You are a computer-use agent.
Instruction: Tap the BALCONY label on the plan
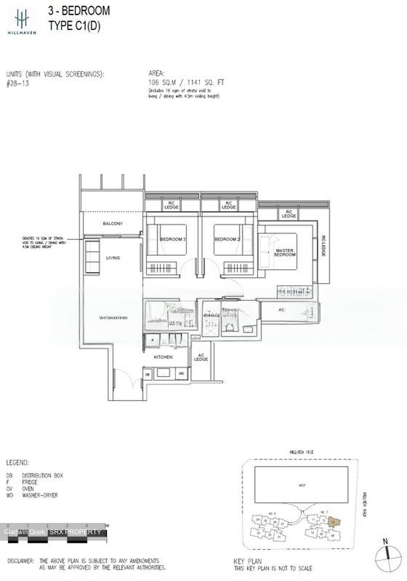pyautogui.click(x=113, y=224)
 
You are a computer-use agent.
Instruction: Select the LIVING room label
pyautogui.click(x=113, y=258)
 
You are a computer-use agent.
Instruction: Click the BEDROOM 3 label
pyautogui.click(x=172, y=239)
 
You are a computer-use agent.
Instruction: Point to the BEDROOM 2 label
pyautogui.click(x=227, y=239)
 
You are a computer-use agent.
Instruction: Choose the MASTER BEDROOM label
pyautogui.click(x=285, y=253)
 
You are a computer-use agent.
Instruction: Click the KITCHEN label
pyautogui.click(x=163, y=357)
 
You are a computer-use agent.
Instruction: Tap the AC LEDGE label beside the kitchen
pyautogui.click(x=201, y=357)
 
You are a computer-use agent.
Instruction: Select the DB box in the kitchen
pyautogui.click(x=147, y=374)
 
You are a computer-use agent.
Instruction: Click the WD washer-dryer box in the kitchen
pyautogui.click(x=181, y=374)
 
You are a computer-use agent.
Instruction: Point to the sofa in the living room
pyautogui.click(x=92, y=256)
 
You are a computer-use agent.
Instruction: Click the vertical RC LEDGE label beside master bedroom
pyautogui.click(x=324, y=247)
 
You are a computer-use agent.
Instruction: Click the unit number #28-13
pyautogui.click(x=18, y=84)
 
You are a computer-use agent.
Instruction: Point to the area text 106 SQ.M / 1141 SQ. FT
pyautogui.click(x=186, y=82)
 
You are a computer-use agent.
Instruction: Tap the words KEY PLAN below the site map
pyautogui.click(x=248, y=561)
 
